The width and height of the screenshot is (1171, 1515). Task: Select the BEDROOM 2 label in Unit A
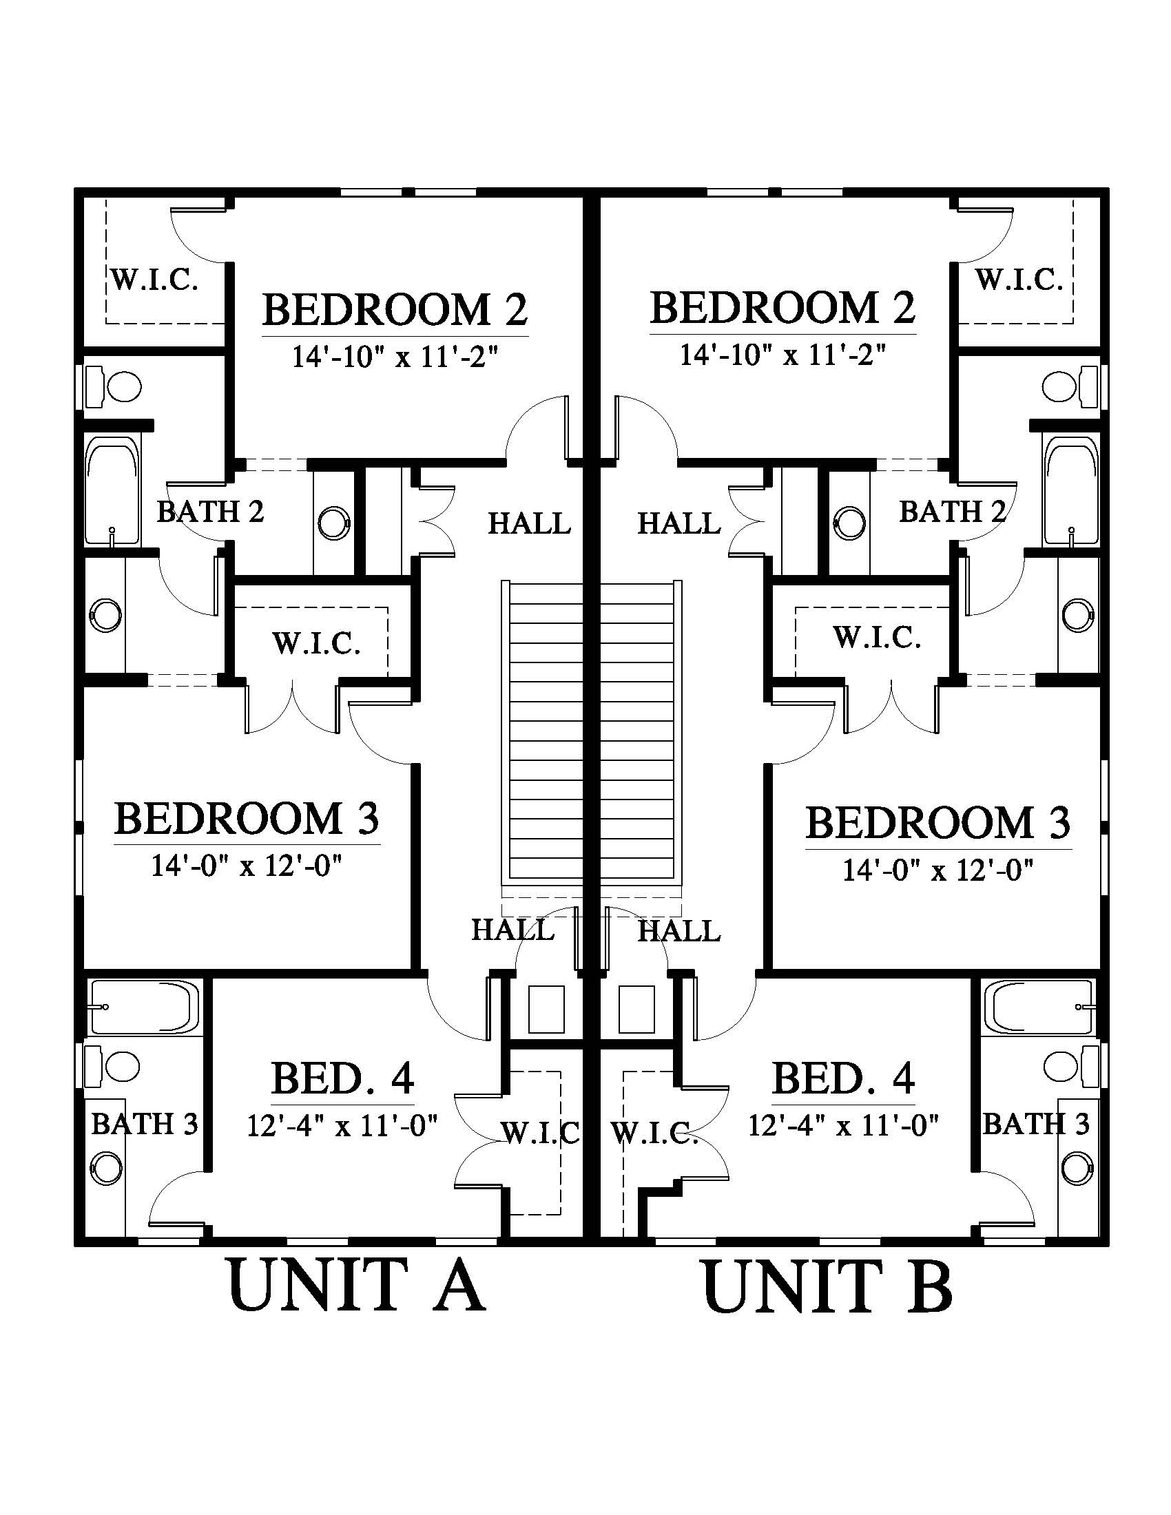pos(395,309)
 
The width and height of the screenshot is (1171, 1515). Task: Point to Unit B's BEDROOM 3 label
pos(938,824)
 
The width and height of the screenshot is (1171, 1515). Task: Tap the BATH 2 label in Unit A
pos(210,512)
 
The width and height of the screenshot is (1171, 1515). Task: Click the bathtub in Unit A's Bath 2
pos(112,490)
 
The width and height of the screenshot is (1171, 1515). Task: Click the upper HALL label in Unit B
pos(679,524)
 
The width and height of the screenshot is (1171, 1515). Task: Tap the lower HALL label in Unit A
pos(513,930)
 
